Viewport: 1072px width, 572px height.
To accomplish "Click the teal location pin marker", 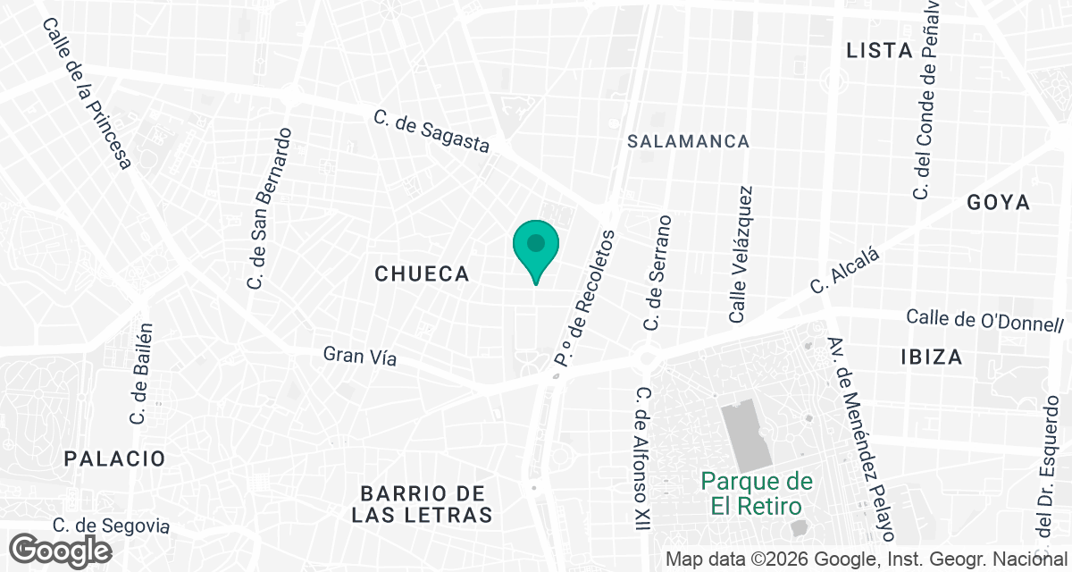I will pos(535,247).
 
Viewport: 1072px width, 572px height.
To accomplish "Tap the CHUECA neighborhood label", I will pos(422,274).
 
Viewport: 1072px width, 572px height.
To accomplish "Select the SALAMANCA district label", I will pos(688,141).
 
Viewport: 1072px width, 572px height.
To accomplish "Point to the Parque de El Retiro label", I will pos(757,493).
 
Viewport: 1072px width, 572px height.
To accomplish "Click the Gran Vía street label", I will pos(359,356).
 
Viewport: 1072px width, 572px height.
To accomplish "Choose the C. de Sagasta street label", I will pos(431,132).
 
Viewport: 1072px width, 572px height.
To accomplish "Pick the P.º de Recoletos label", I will pos(586,299).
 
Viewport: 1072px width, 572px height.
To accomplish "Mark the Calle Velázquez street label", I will pos(741,255).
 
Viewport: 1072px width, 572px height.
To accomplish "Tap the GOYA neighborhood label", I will pos(998,203).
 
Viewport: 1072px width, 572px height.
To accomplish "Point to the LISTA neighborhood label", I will pos(879,51).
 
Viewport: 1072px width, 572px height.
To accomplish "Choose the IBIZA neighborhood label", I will pos(932,357).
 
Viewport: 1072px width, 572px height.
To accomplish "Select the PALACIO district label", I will pos(114,459).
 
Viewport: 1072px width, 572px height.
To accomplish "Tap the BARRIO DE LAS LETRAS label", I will pos(422,504).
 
